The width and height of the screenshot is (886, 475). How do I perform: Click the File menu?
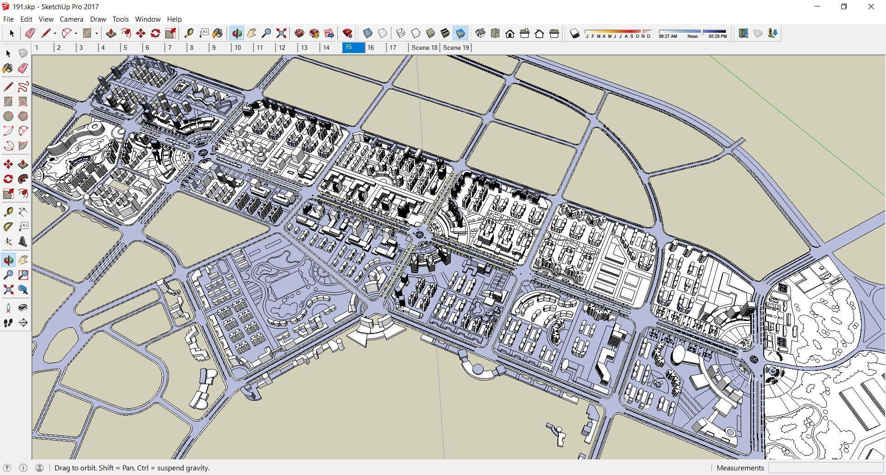pyautogui.click(x=8, y=19)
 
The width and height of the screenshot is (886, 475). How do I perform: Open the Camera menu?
pyautogui.click(x=72, y=19)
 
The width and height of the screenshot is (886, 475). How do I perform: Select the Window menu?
pyautogui.click(x=148, y=19)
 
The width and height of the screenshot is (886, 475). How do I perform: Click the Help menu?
pyautogui.click(x=174, y=19)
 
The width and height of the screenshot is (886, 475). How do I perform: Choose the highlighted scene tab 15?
pyautogui.click(x=353, y=47)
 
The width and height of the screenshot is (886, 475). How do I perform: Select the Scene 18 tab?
pyautogui.click(x=424, y=47)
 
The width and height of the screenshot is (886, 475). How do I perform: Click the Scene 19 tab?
pyautogui.click(x=455, y=47)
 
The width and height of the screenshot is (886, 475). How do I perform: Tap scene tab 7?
pyautogui.click(x=170, y=47)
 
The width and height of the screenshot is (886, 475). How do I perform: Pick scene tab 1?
pyautogui.click(x=37, y=47)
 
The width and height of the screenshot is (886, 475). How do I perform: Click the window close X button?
pyautogui.click(x=871, y=7)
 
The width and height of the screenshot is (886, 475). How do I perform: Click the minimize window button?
pyautogui.click(x=817, y=7)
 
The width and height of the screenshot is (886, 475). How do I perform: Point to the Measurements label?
pyautogui.click(x=740, y=468)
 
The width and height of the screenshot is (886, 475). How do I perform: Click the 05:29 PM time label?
pyautogui.click(x=717, y=36)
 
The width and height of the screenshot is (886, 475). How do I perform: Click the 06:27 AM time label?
pyautogui.click(x=668, y=36)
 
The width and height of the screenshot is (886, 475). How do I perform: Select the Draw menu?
pyautogui.click(x=98, y=19)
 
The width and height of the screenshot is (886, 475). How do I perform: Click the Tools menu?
pyautogui.click(x=120, y=19)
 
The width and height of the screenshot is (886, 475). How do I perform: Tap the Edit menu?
pyautogui.click(x=26, y=19)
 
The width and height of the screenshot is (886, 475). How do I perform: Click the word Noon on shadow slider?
pyautogui.click(x=692, y=36)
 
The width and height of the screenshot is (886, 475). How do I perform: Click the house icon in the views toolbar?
pyautogui.click(x=510, y=34)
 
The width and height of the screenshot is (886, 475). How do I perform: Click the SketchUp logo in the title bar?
pyautogui.click(x=6, y=6)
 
